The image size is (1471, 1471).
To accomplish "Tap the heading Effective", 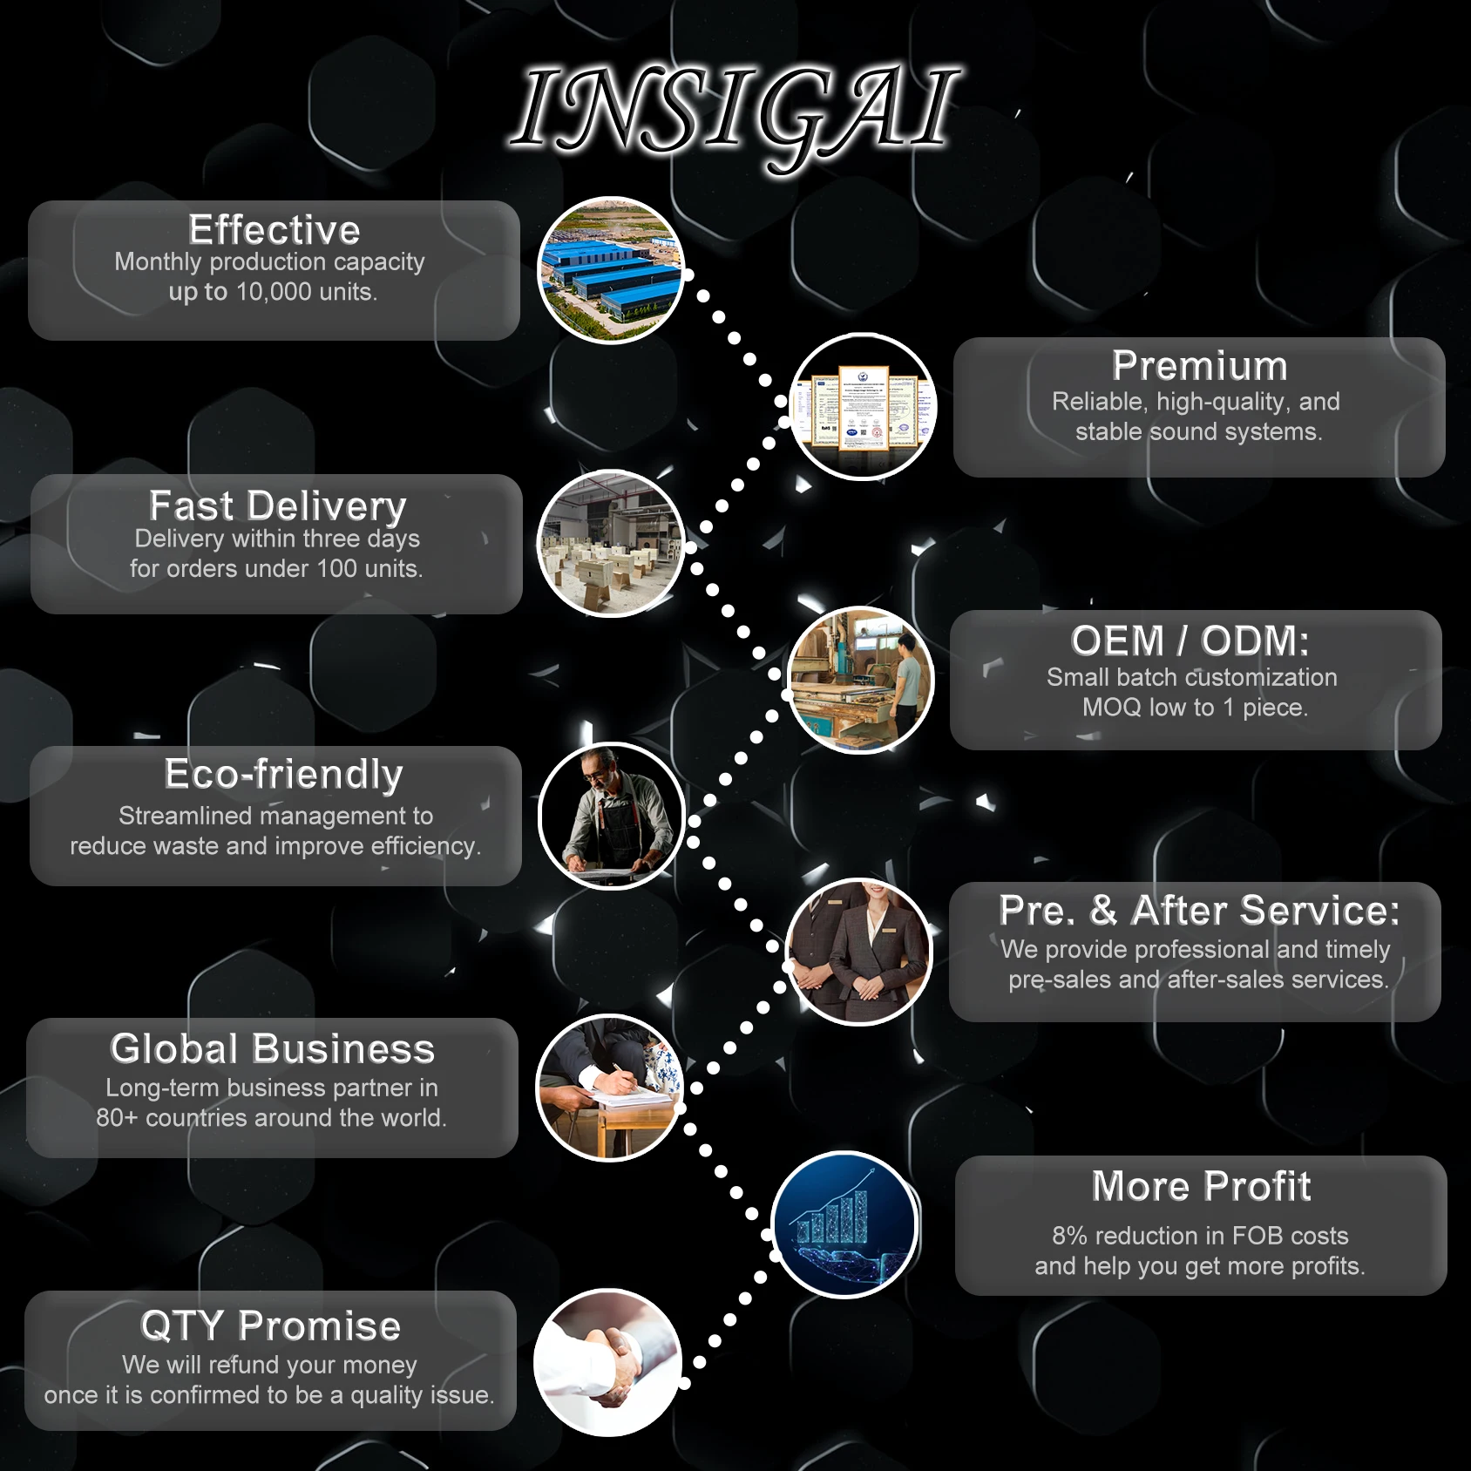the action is click(x=275, y=230).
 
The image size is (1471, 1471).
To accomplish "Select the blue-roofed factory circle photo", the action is click(x=611, y=270).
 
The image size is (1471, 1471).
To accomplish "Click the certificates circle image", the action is click(x=863, y=406).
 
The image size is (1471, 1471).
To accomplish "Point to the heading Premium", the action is click(x=1199, y=366).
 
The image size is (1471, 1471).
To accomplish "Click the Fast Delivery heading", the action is click(x=277, y=505).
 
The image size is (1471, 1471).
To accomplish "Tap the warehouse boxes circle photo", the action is click(x=611, y=544).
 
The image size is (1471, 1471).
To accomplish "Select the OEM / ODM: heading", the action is click(x=1190, y=641).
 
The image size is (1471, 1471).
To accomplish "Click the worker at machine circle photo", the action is click(x=861, y=680).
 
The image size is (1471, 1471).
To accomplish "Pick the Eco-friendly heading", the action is click(x=283, y=774).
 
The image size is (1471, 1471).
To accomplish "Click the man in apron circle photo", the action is click(x=612, y=816).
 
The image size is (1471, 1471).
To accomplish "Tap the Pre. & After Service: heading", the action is click(x=1199, y=911).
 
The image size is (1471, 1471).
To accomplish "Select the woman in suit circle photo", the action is click(x=860, y=952).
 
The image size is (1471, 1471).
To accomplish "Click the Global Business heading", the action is click(x=272, y=1048).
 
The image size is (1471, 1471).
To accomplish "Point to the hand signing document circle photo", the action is click(x=610, y=1088).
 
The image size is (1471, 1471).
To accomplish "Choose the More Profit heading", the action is click(x=1201, y=1186).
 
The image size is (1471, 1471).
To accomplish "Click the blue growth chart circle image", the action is click(x=844, y=1224).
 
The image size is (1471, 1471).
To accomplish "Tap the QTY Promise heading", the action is click(x=270, y=1325).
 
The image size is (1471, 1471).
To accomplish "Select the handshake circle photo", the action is click(x=607, y=1362).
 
